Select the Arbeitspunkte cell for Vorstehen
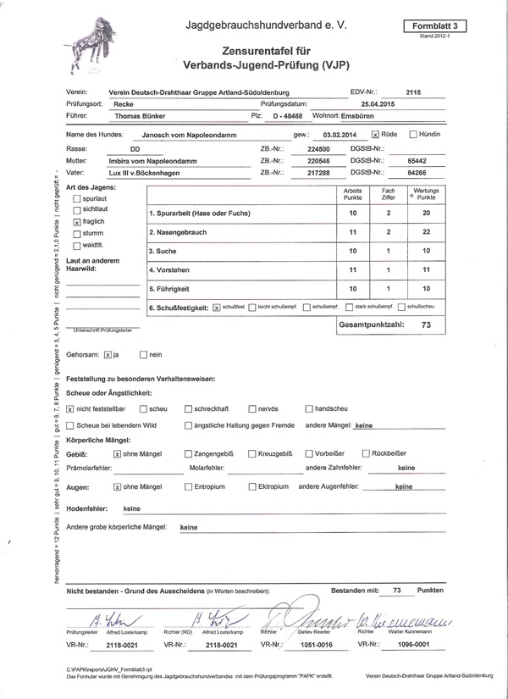pyautogui.click(x=353, y=269)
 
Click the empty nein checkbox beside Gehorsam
pyautogui.click(x=143, y=355)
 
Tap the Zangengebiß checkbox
pyautogui.click(x=188, y=454)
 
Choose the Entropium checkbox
pyautogui.click(x=188, y=487)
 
